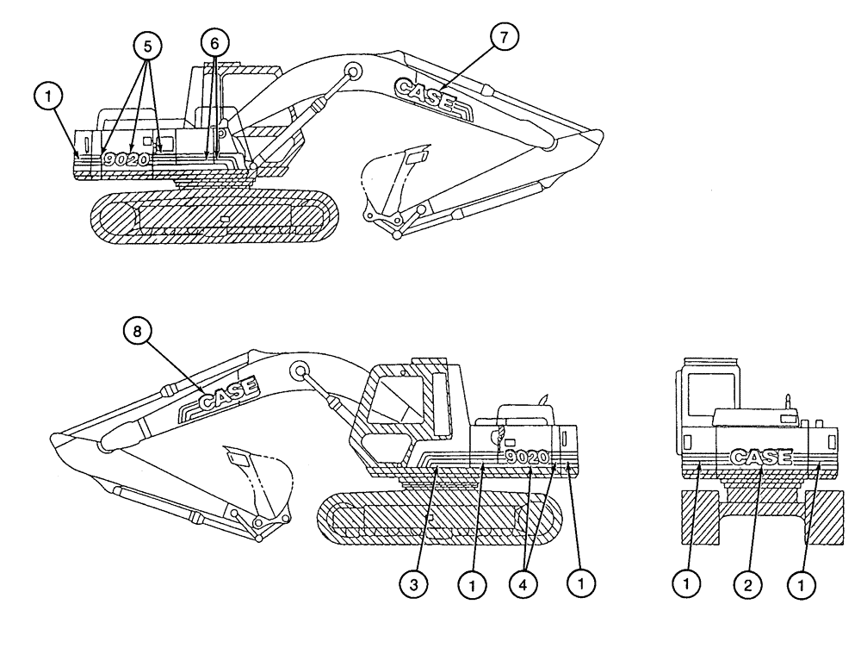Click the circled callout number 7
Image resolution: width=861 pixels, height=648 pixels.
[505, 39]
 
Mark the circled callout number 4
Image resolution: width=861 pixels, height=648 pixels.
[527, 583]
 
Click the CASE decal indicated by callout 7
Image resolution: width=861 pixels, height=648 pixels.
[425, 93]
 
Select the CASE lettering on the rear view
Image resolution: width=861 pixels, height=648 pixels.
[759, 457]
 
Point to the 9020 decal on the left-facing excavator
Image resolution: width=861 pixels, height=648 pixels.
[527, 457]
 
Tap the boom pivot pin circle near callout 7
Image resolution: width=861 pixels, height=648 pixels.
[350, 71]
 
